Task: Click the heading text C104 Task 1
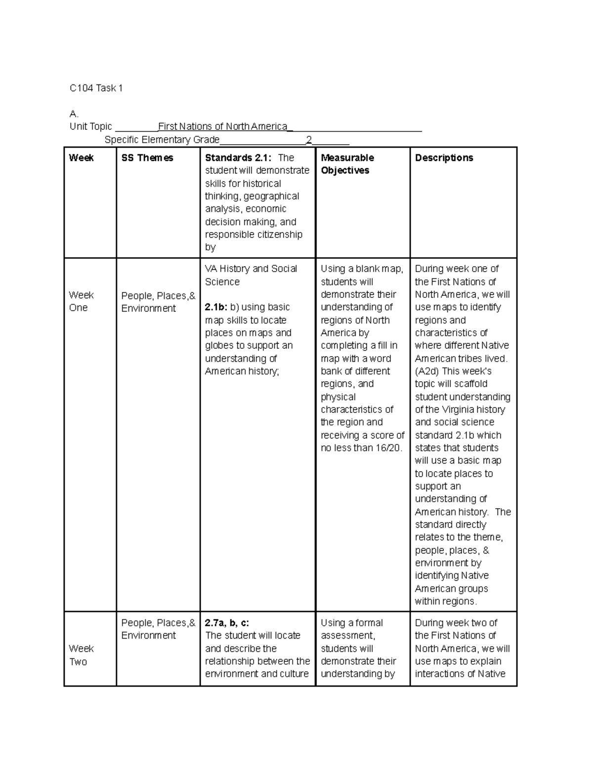pyautogui.click(x=96, y=88)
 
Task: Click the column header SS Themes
pyautogui.click(x=147, y=158)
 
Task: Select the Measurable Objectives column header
pyautogui.click(x=347, y=164)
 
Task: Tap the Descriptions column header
pyautogui.click(x=444, y=158)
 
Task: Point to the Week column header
pyautogui.click(x=81, y=158)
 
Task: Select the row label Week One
pyautogui.click(x=81, y=301)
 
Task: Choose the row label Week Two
pyautogui.click(x=81, y=655)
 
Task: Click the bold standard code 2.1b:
pyautogui.click(x=216, y=307)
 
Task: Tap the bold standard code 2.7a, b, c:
pyautogui.click(x=227, y=623)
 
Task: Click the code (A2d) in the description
pyautogui.click(x=427, y=371)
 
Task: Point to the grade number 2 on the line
pyautogui.click(x=309, y=140)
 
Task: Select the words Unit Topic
pyautogui.click(x=90, y=126)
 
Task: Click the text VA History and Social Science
pyautogui.click(x=251, y=275)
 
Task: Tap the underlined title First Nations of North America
pyautogui.click(x=222, y=126)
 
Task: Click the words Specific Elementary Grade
pyautogui.click(x=162, y=140)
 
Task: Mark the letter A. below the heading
pyautogui.click(x=74, y=114)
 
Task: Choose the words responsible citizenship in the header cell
pyautogui.click(x=254, y=235)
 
